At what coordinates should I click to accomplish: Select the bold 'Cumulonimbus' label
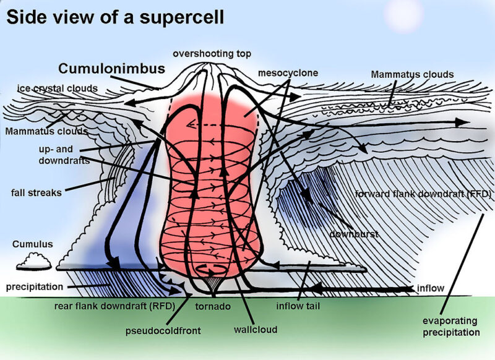pos(112,69)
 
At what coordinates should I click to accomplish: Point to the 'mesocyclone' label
pos(288,73)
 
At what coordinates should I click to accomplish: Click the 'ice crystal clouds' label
pos(57,88)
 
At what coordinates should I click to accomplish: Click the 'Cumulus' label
pos(32,244)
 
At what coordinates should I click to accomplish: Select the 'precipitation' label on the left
pos(35,287)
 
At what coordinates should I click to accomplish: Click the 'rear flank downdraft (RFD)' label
pos(115,305)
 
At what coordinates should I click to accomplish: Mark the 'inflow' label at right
pos(430,288)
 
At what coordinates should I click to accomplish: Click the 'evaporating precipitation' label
pos(450,327)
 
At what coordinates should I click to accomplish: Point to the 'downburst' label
pos(353,235)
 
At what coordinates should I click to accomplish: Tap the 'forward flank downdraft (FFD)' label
pos(424,194)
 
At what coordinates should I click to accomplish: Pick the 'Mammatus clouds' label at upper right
pos(412,74)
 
